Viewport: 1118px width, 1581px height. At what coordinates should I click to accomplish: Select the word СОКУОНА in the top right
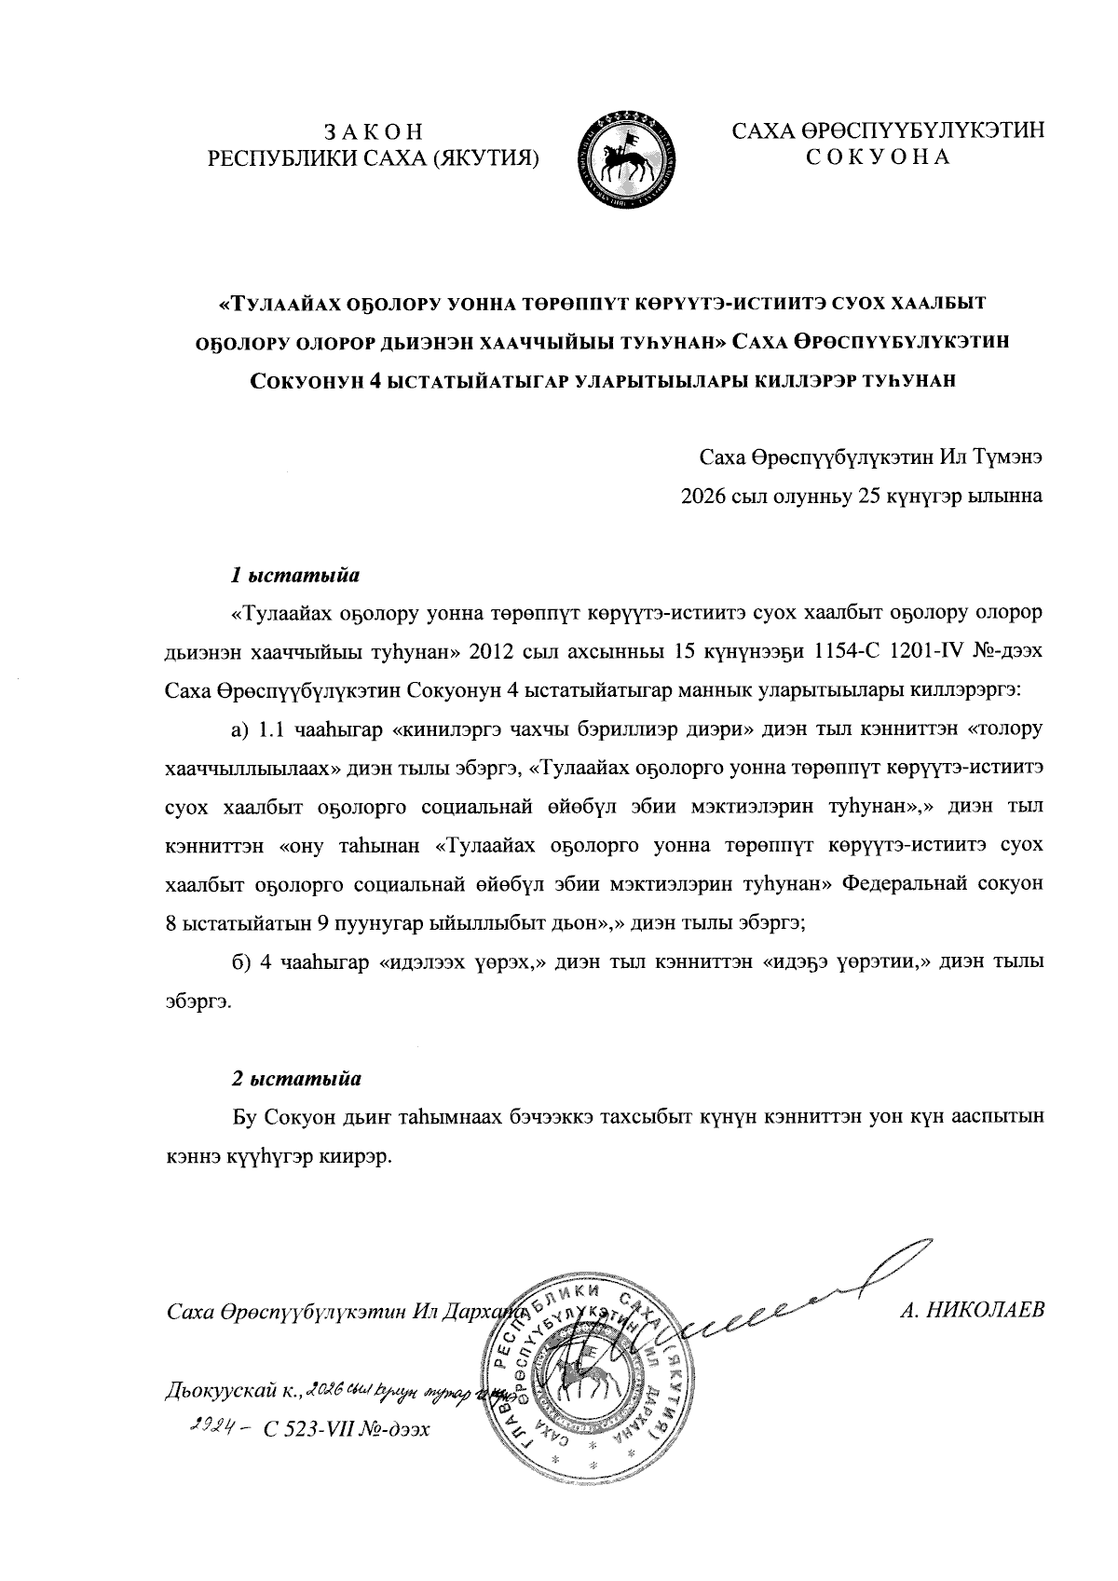coord(878,157)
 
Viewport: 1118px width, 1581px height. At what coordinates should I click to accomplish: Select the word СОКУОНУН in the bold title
coord(309,380)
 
